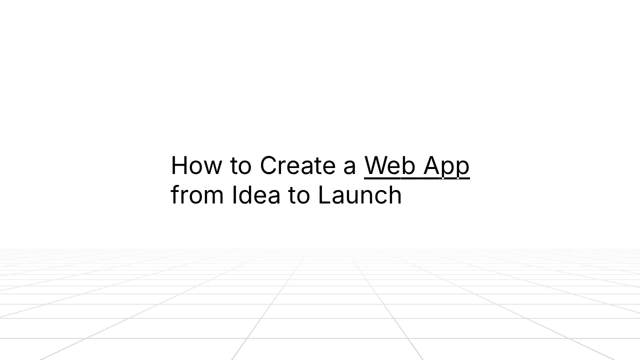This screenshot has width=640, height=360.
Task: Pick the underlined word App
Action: [446, 166]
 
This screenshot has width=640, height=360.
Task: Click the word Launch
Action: [360, 195]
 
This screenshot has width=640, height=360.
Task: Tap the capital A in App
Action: [432, 165]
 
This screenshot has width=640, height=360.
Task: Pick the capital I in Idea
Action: [234, 195]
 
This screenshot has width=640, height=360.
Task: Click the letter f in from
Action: [174, 194]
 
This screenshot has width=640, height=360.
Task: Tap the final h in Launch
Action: [395, 195]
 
